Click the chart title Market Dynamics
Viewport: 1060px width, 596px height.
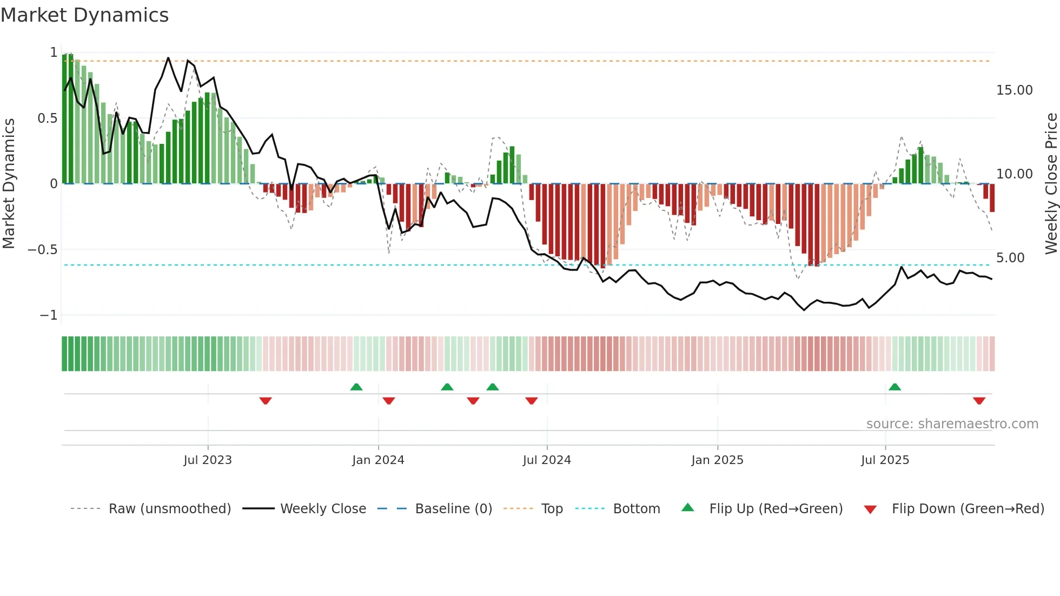(84, 15)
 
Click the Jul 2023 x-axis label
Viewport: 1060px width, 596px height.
(208, 460)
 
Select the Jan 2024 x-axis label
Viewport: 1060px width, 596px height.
(378, 460)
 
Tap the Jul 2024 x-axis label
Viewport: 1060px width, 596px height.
(547, 460)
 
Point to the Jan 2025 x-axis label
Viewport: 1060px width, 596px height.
(717, 460)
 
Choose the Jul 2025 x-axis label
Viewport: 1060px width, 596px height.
(885, 460)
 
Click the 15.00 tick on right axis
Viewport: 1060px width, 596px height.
(1014, 90)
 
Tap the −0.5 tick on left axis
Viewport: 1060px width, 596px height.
(42, 250)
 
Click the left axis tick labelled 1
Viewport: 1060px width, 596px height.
(54, 52)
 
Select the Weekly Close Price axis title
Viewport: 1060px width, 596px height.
(1051, 183)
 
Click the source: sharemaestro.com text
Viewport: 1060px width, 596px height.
(952, 424)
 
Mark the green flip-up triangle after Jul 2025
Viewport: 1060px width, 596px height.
(895, 387)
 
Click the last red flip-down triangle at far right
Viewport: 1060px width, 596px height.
(979, 401)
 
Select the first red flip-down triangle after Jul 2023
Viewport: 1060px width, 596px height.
(265, 401)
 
